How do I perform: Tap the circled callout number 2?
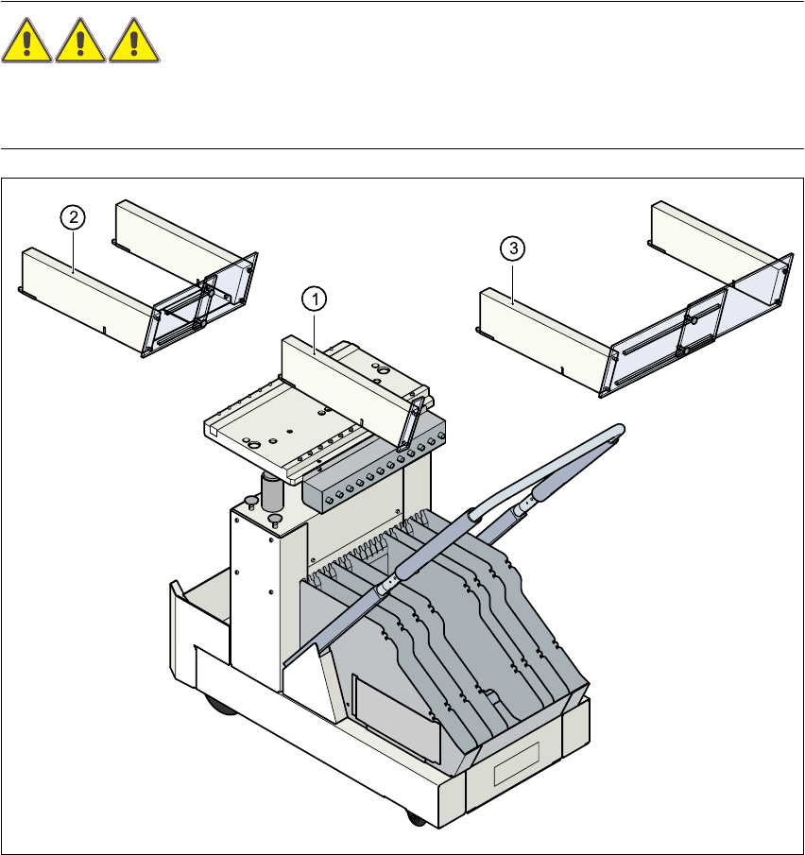click(73, 217)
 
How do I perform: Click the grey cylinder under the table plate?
click(272, 492)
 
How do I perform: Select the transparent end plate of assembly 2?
click(203, 302)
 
